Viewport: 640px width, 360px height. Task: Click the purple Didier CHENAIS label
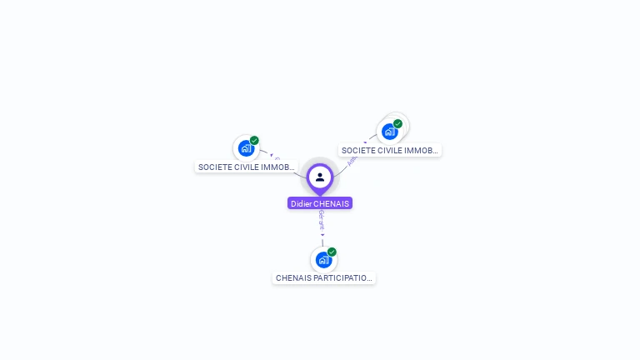tap(320, 203)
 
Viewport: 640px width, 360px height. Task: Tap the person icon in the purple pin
tap(320, 177)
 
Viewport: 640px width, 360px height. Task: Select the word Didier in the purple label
tap(301, 203)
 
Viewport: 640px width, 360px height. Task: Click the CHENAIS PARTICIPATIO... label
tap(324, 277)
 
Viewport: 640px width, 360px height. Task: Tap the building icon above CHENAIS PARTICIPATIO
tap(323, 260)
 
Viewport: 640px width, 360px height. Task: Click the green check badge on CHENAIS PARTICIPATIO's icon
tap(332, 252)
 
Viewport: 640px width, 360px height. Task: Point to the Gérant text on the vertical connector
tap(322, 221)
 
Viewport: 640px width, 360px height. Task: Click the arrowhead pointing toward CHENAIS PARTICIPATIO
tap(322, 235)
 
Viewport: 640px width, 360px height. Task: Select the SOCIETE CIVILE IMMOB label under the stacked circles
tap(390, 150)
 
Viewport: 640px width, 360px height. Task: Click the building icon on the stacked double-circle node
tap(389, 132)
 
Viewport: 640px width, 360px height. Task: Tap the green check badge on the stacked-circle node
tap(397, 124)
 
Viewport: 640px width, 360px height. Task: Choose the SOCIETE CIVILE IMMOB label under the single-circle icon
tap(247, 167)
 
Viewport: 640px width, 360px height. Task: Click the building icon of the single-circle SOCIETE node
tap(246, 148)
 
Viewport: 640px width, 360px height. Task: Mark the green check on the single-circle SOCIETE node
tap(254, 141)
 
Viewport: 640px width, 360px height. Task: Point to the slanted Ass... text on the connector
tap(352, 159)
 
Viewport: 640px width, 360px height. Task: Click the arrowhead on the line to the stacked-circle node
tap(365, 142)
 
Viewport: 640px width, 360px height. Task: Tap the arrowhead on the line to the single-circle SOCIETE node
tap(271, 154)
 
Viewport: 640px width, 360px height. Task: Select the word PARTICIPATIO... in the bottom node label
tap(342, 277)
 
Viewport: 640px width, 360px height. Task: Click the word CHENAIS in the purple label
tap(332, 203)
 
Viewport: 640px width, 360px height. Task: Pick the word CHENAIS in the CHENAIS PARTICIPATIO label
tap(293, 277)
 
